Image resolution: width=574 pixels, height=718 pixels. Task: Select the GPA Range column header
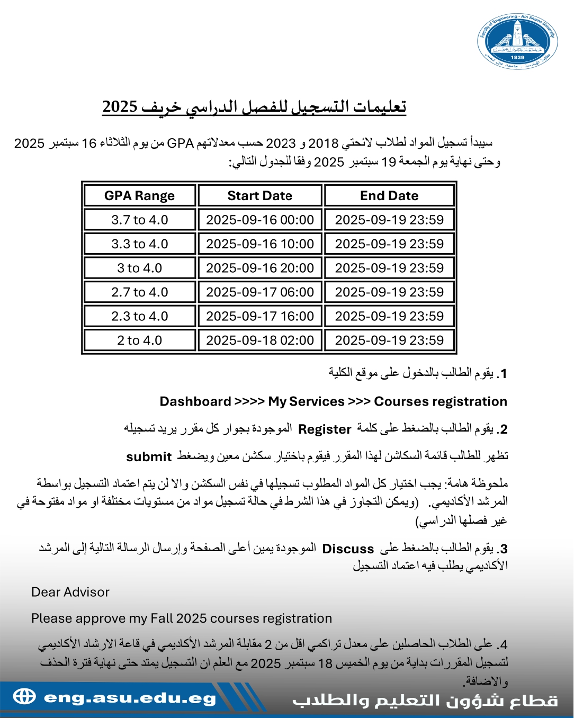coord(139,196)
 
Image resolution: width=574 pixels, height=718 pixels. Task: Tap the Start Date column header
coord(259,196)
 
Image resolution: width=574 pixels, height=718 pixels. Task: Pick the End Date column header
coord(389,196)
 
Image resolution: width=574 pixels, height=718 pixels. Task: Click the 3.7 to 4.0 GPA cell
coord(139,220)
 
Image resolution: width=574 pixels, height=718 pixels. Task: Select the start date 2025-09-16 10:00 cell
coord(259,244)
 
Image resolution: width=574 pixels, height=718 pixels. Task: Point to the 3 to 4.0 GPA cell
coord(139,268)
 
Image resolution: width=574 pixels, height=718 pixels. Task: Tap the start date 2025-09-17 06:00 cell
coord(259,292)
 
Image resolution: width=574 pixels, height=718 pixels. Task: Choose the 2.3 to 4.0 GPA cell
coord(139,316)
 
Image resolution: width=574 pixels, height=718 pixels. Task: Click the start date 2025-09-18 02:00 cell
coord(259,340)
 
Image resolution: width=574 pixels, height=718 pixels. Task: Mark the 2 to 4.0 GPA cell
coord(139,340)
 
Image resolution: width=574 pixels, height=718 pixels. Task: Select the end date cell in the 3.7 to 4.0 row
coord(389,220)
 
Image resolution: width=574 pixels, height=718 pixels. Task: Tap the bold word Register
coord(325,429)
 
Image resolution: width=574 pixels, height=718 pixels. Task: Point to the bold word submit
coord(149,457)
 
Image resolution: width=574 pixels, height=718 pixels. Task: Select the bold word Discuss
coord(348,549)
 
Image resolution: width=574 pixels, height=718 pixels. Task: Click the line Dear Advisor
coord(70,592)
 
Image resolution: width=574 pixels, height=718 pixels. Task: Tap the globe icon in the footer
coord(24,696)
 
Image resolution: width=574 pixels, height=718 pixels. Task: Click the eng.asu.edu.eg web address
coord(130,698)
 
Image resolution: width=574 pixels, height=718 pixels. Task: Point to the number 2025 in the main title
coord(120,106)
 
